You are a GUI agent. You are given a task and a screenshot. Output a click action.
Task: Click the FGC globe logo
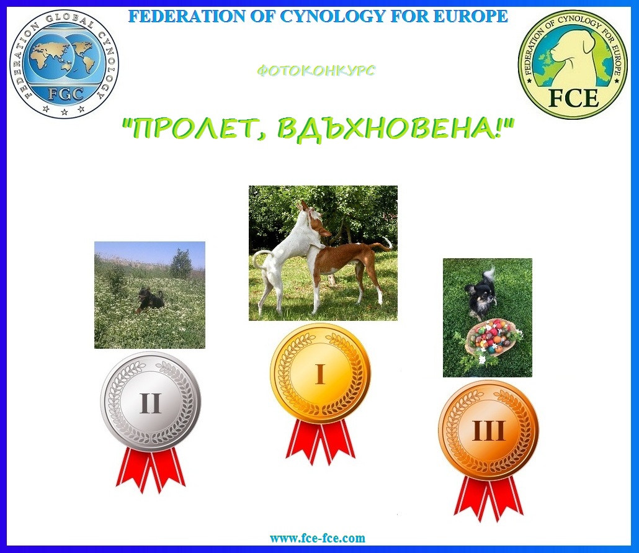(x=65, y=64)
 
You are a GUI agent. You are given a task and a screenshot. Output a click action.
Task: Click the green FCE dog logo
(x=573, y=64)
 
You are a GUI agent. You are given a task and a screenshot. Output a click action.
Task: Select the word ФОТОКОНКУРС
(x=316, y=71)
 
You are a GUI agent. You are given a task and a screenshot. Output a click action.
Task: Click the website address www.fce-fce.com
(x=318, y=538)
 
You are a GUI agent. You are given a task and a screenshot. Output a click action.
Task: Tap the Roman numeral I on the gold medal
(x=320, y=374)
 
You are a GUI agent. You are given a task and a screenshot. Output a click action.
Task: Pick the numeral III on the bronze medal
(x=489, y=431)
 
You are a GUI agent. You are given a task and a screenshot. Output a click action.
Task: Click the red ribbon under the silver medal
(x=151, y=470)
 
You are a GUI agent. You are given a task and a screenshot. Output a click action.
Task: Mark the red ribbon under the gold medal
(x=320, y=442)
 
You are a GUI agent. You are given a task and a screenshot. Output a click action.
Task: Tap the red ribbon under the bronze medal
(x=489, y=498)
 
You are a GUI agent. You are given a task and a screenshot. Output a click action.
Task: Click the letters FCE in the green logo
(x=573, y=98)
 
